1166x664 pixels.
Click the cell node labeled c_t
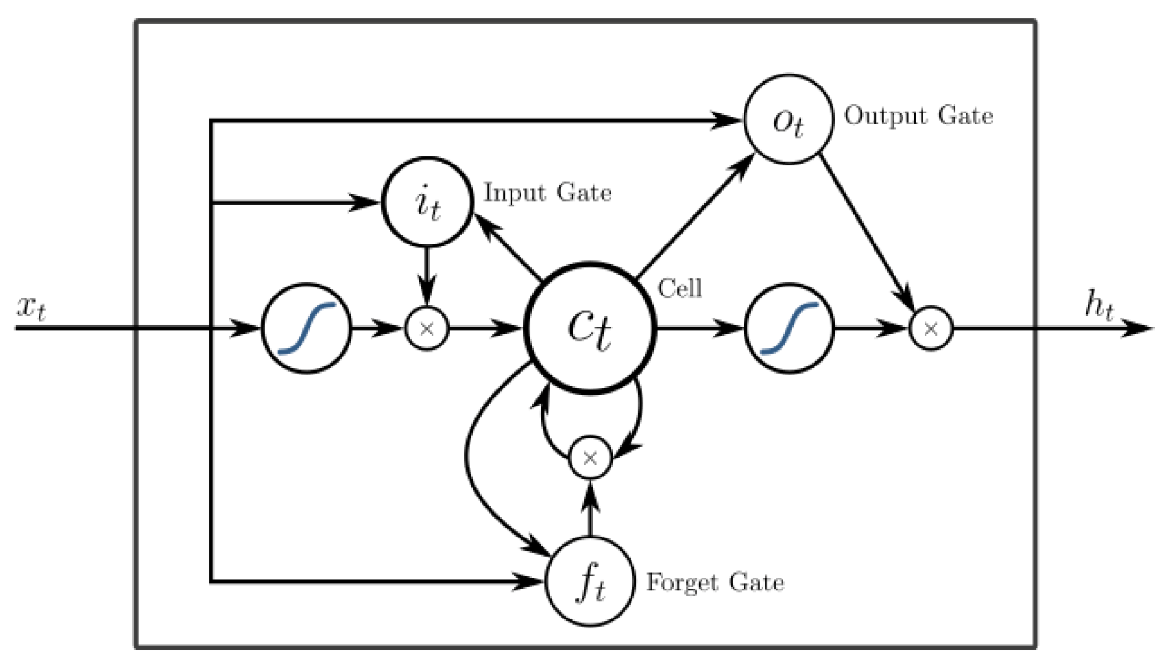[x=590, y=328]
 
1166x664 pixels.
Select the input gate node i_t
[x=427, y=203]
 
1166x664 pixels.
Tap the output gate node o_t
[x=788, y=120]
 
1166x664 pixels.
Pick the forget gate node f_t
[x=590, y=581]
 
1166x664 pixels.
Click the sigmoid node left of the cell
[x=306, y=328]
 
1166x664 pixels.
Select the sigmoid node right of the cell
[x=789, y=328]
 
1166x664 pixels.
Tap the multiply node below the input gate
[x=427, y=328]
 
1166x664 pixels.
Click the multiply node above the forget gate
[x=590, y=458]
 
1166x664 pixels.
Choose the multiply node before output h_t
[x=930, y=328]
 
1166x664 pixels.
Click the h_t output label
[x=1099, y=305]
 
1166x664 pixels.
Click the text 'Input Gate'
[x=547, y=193]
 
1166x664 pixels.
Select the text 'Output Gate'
[x=918, y=115]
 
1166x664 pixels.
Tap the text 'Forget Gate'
[x=715, y=583]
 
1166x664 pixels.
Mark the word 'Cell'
[x=680, y=289]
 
